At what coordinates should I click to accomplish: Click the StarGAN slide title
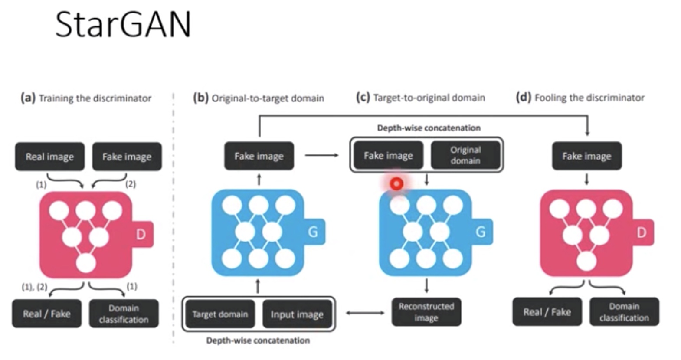click(x=123, y=25)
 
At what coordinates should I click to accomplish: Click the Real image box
click(x=50, y=157)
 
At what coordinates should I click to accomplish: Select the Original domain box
click(x=465, y=155)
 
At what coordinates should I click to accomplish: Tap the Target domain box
click(x=220, y=314)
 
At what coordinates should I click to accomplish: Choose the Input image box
click(x=297, y=314)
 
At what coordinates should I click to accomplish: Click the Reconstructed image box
click(x=426, y=312)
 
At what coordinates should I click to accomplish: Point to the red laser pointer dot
click(x=396, y=184)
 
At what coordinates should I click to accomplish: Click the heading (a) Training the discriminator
click(x=86, y=98)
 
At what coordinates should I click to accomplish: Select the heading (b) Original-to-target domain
click(x=259, y=98)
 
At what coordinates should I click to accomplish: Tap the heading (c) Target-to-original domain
click(x=420, y=98)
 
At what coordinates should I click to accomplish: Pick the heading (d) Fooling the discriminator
click(x=580, y=98)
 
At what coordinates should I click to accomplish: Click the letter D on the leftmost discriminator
click(x=141, y=235)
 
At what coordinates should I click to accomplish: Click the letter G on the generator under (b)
click(x=313, y=232)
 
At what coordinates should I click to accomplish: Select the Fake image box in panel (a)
click(x=127, y=157)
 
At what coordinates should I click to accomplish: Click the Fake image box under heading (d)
click(x=586, y=156)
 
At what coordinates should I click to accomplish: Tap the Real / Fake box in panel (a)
click(x=46, y=314)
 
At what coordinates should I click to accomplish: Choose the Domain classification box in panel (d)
click(x=624, y=312)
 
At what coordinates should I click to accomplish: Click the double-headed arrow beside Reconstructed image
click(x=365, y=312)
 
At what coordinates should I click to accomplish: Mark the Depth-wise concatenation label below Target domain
click(x=258, y=340)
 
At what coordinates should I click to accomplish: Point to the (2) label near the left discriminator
click(x=131, y=184)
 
